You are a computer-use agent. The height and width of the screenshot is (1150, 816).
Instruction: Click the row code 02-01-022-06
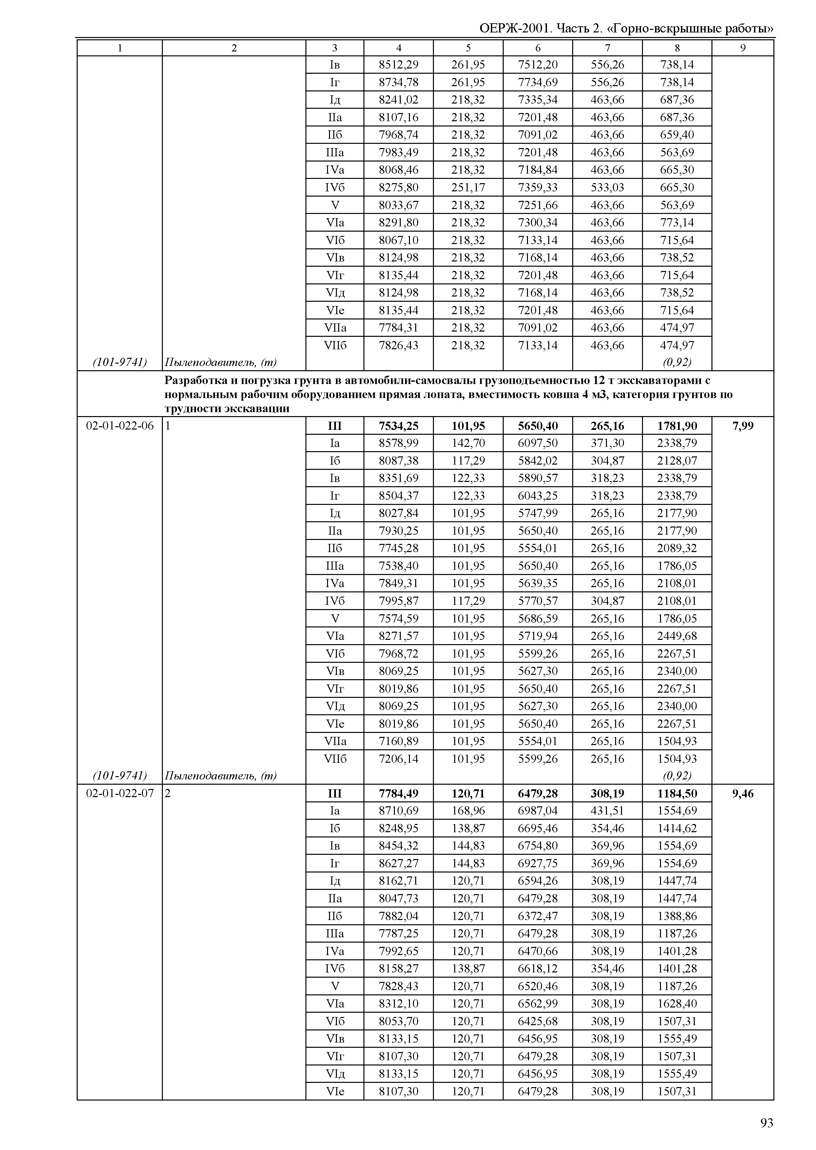tap(120, 426)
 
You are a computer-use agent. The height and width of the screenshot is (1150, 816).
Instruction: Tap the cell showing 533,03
tap(608, 187)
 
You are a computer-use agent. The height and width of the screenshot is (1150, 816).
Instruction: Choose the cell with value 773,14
tap(677, 222)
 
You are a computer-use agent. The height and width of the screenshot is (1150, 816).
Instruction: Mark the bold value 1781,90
tap(677, 426)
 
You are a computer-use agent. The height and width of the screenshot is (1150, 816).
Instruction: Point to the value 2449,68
tap(677, 636)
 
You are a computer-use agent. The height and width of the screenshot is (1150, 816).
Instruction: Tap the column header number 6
tap(538, 48)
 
